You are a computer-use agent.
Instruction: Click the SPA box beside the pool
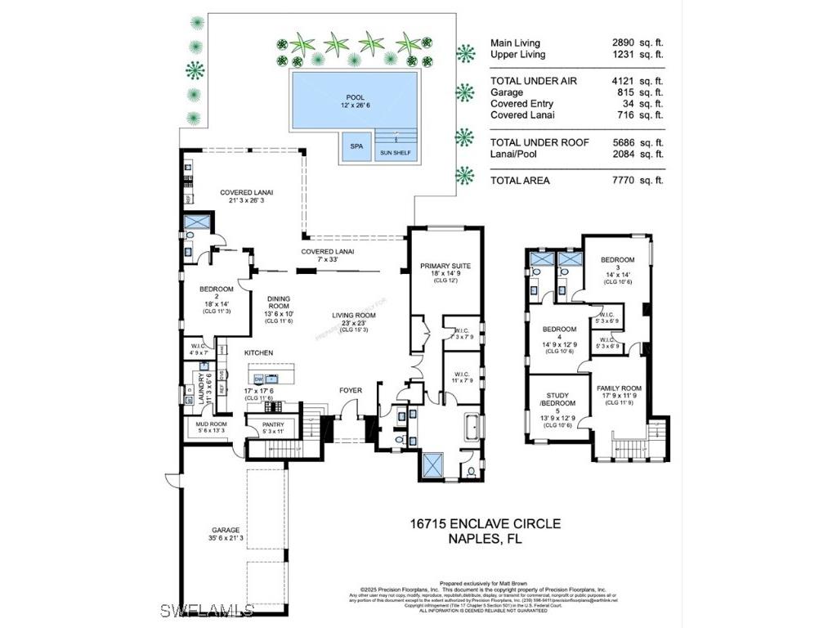pyautogui.click(x=356, y=146)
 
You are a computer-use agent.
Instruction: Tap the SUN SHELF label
pyautogui.click(x=396, y=153)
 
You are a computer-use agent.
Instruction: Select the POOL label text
pyautogui.click(x=356, y=97)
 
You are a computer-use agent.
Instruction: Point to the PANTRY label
pyautogui.click(x=272, y=425)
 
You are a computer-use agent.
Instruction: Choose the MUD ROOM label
pyautogui.click(x=211, y=424)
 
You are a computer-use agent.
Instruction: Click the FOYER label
pyautogui.click(x=351, y=391)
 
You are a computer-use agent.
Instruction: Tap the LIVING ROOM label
pyautogui.click(x=353, y=316)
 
